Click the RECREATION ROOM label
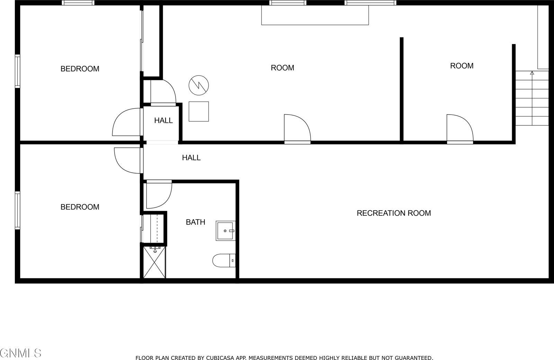pyautogui.click(x=394, y=213)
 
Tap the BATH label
pyautogui.click(x=195, y=222)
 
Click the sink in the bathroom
pyautogui.click(x=225, y=231)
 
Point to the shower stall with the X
pyautogui.click(x=154, y=261)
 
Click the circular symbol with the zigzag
pyautogui.click(x=199, y=85)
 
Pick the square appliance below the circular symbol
pyautogui.click(x=199, y=111)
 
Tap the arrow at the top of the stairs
pyautogui.click(x=532, y=73)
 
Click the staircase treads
pyautogui.click(x=532, y=100)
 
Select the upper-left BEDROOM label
pyautogui.click(x=80, y=69)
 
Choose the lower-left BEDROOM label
pyautogui.click(x=80, y=207)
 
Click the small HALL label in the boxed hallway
pyautogui.click(x=163, y=120)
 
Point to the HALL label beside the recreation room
pyautogui.click(x=191, y=157)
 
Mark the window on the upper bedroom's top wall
pyautogui.click(x=78, y=3)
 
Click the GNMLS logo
pyautogui.click(x=21, y=353)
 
